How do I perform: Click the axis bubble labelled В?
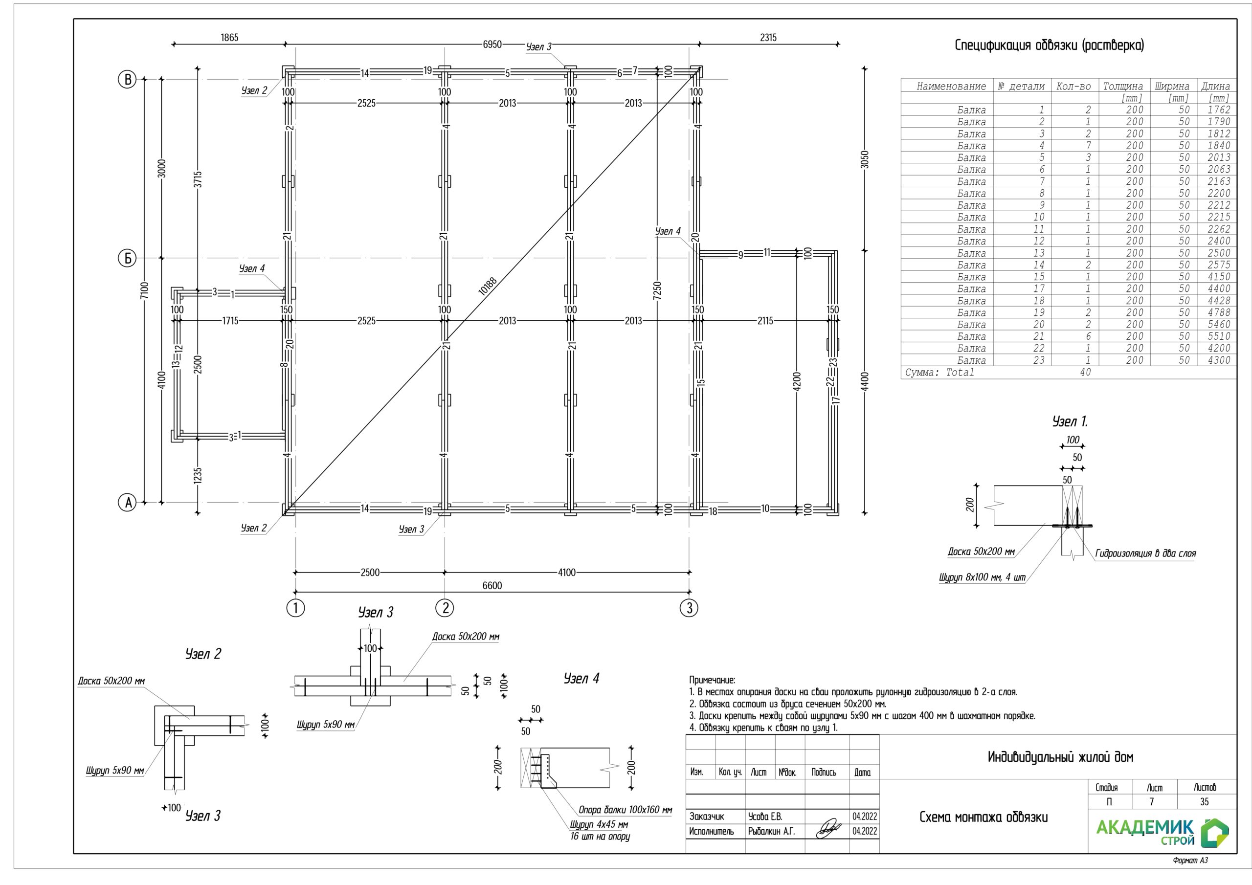127,80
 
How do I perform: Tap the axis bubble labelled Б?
127,258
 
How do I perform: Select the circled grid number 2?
445,608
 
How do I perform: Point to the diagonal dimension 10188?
488,286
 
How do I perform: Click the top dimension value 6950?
492,44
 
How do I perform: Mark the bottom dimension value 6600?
492,586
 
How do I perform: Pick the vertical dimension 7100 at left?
144,290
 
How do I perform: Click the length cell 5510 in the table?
1219,336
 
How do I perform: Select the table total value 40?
1085,373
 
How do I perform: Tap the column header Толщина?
1123,86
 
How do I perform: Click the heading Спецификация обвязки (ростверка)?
1049,45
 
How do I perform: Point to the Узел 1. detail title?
1069,421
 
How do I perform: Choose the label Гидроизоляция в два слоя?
1145,553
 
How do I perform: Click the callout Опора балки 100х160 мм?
625,810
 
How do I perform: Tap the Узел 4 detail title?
581,678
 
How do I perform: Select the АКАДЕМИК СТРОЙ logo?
1162,832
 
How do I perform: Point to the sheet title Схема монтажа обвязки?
983,817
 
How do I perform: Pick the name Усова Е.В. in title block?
764,816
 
